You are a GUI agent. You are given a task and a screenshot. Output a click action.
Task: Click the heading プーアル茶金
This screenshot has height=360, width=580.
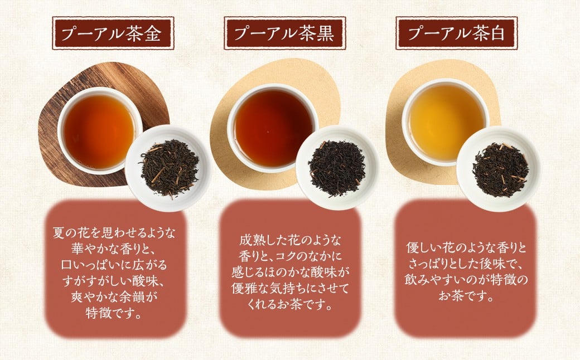pyautogui.click(x=113, y=33)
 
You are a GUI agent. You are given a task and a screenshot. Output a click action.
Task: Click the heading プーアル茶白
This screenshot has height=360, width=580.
pyautogui.click(x=456, y=33)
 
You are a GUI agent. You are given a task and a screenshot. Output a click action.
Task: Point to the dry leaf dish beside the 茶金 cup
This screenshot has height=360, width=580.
pyautogui.click(x=168, y=168)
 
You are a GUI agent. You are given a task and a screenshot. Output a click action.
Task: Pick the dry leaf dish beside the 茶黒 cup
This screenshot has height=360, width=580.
pyautogui.click(x=337, y=168)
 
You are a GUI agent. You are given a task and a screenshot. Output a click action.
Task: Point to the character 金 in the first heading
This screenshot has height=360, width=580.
pyautogui.click(x=153, y=34)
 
